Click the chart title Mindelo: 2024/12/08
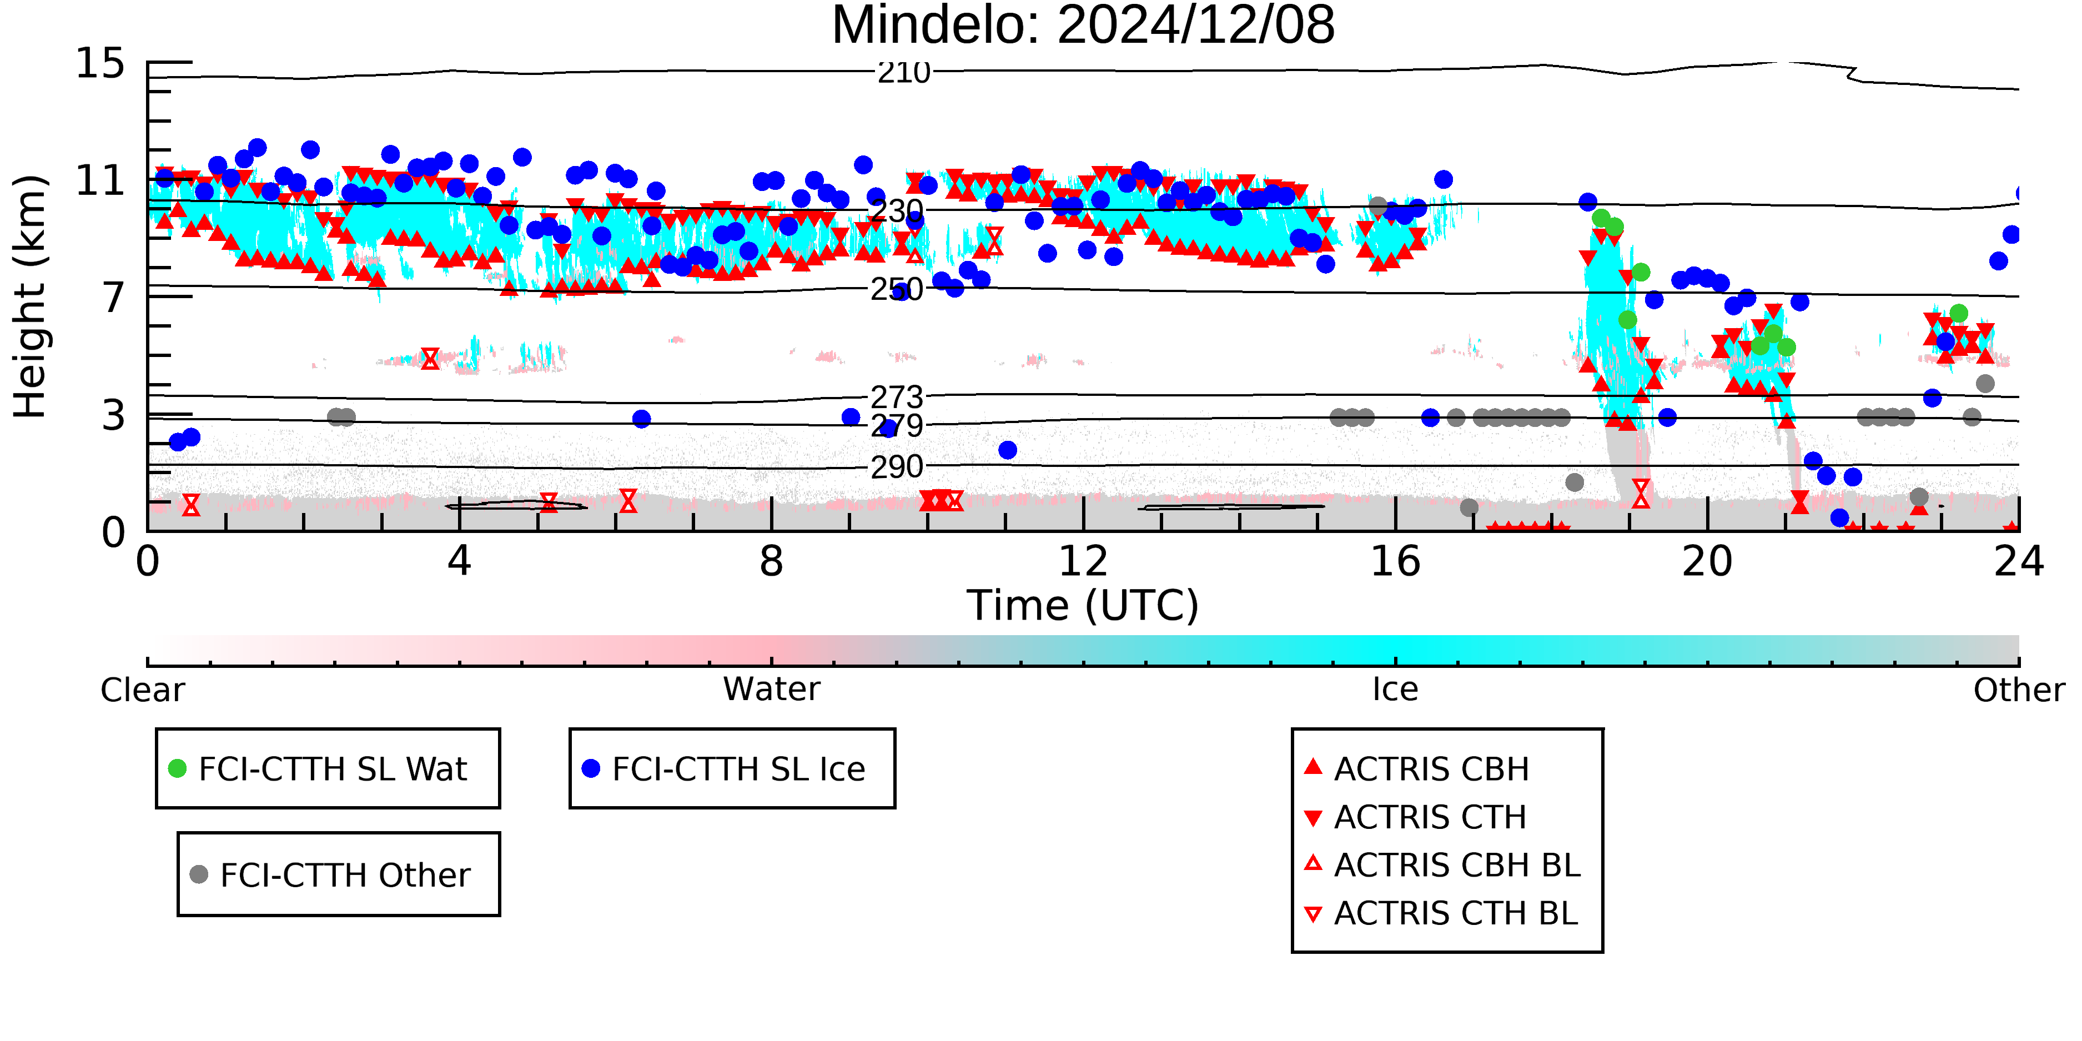[x=1083, y=26]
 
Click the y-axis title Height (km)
[x=30, y=296]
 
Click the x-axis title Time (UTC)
[x=1083, y=605]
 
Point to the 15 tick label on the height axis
[x=100, y=63]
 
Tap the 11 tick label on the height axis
[x=100, y=180]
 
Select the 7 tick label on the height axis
[x=113, y=298]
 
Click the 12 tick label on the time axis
[x=1083, y=562]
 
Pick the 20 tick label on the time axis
[x=1707, y=562]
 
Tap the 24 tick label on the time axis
[x=2019, y=562]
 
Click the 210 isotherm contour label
[x=904, y=73]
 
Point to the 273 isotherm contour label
[x=896, y=397]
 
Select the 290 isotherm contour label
[x=896, y=466]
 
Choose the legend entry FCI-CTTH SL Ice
[x=723, y=768]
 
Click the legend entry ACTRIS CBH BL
[x=1443, y=865]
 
